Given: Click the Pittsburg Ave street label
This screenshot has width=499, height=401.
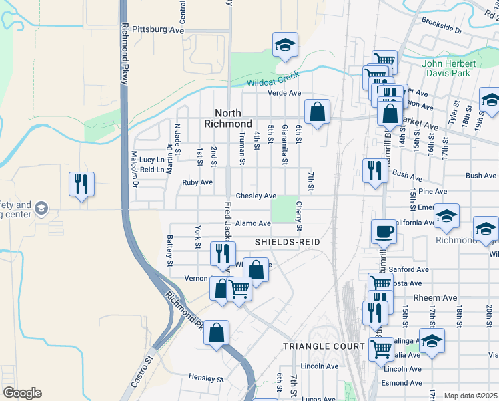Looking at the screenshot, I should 157,30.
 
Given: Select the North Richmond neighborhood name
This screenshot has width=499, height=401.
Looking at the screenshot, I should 233,118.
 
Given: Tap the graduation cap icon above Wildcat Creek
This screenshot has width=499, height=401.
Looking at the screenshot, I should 285,45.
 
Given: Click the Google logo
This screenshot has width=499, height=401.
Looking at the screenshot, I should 21,393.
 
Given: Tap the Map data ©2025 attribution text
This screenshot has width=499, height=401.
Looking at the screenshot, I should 471,396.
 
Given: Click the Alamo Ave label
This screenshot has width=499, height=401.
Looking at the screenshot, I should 252,223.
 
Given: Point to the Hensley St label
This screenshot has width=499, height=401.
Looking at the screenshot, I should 205,378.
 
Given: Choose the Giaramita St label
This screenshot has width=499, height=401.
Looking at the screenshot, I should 285,145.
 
